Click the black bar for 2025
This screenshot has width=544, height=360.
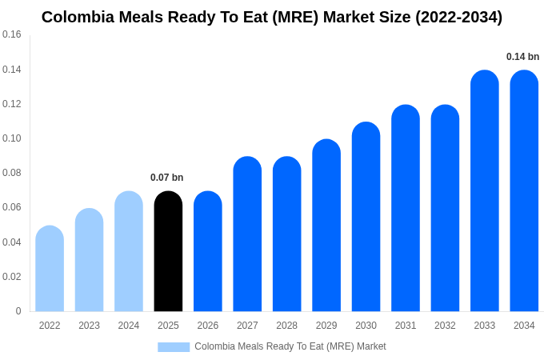coord(168,252)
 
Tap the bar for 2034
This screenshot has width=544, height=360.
coord(524,192)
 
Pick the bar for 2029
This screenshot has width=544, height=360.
coord(326,226)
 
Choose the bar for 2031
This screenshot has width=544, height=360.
coord(406,209)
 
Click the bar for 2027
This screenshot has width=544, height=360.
coord(247,234)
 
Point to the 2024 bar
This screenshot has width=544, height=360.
coord(129,252)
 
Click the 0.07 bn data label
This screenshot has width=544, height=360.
coord(166,178)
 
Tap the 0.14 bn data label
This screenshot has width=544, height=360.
coord(522,57)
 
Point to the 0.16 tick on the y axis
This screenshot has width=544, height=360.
coord(12,34)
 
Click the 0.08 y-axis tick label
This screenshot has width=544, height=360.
coord(12,173)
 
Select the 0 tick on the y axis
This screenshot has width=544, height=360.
coord(18,311)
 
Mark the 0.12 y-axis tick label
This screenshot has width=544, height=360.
coord(12,104)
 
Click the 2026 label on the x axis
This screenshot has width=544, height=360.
coord(208,326)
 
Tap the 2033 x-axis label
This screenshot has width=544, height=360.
coord(485,326)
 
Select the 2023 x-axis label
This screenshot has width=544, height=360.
coord(89,326)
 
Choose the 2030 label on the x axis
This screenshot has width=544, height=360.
coord(366,326)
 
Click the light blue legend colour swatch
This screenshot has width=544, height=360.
coord(174,347)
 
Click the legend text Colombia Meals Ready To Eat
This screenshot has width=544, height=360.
coord(290,346)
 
